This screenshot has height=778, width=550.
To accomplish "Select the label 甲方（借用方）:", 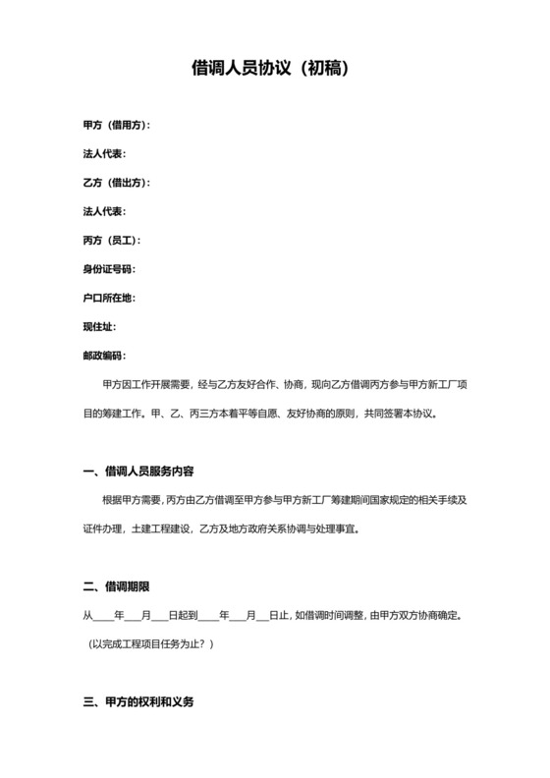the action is pos(117,125).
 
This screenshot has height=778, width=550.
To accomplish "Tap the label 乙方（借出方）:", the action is pos(117,183).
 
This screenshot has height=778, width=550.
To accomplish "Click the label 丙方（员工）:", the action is pos(112,241).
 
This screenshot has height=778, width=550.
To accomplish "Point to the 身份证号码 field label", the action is pos(108,269).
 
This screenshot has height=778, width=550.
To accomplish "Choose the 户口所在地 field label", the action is pos(108,298).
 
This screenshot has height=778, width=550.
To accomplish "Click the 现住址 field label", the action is pos(101,326).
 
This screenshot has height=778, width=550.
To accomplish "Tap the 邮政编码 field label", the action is pos(104,355).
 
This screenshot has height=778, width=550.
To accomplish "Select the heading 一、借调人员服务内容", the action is pos(144,472).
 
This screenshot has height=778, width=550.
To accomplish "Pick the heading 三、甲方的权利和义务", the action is pos(138,702).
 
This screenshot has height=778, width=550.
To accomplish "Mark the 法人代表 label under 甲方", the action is pos(104,154).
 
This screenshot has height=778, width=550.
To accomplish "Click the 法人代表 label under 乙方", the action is pos(104,211).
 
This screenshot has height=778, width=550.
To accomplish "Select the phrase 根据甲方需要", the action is pos(133,500).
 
